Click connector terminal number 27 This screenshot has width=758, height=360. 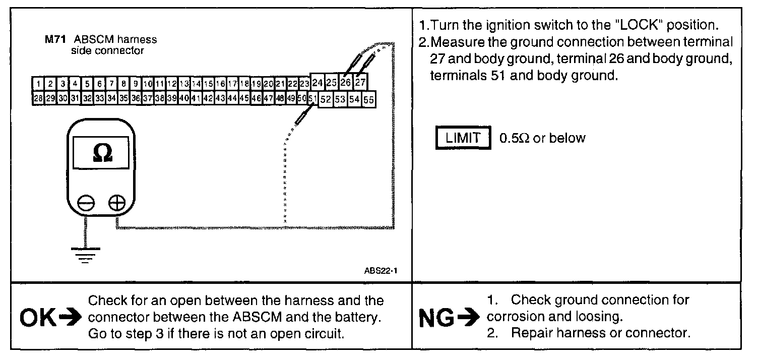(360, 82)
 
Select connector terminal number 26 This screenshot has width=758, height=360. (346, 82)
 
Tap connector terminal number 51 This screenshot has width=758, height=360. (312, 99)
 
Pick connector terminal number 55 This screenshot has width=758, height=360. (369, 100)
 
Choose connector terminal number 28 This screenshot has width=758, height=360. (38, 99)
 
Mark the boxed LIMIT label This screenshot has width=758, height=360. (463, 138)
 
